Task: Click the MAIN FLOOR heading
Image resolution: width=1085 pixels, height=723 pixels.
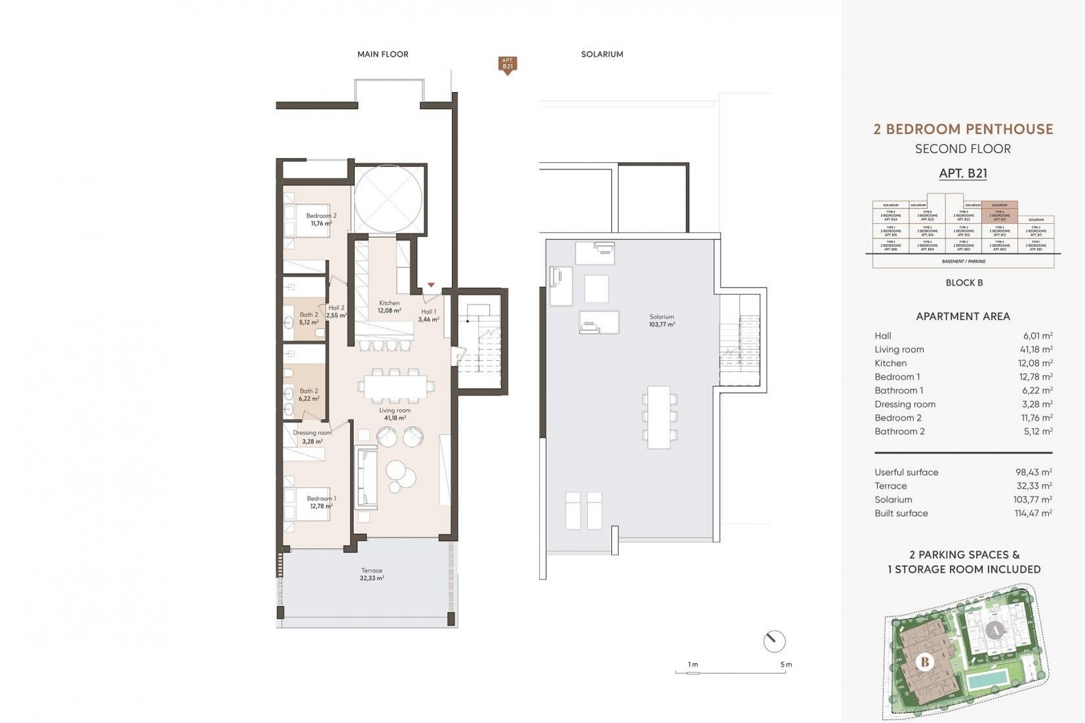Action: (383, 54)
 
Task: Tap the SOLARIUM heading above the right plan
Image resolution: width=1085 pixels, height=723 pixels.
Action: (602, 54)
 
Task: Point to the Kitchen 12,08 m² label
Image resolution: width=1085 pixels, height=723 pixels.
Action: (389, 307)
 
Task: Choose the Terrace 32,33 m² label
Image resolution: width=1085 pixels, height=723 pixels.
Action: (372, 574)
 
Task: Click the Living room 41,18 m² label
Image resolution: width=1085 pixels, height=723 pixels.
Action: (394, 414)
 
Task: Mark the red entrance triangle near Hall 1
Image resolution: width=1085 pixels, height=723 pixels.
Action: (431, 285)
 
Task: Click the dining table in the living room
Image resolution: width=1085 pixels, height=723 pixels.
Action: (394, 387)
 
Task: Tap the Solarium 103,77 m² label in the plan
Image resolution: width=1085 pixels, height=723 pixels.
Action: (662, 320)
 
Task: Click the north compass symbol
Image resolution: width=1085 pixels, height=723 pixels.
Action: (774, 641)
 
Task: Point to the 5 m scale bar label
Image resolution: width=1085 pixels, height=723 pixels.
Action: (785, 664)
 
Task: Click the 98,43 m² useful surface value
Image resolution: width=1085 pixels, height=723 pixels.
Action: (1034, 472)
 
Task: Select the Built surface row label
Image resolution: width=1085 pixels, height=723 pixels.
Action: (901, 513)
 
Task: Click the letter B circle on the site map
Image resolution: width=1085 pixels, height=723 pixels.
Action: (925, 661)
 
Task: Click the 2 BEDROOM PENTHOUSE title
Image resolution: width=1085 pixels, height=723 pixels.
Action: (963, 129)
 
